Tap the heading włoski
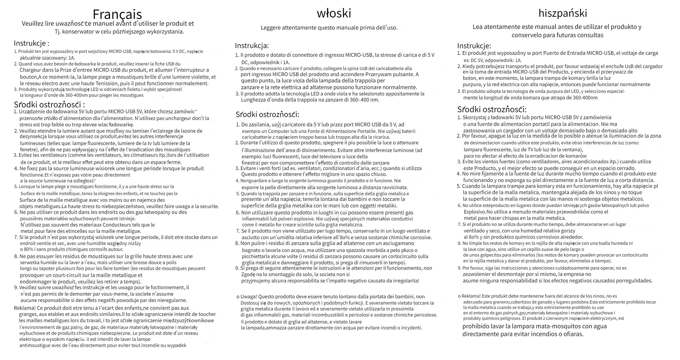[334, 13]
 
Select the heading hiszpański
[563, 13]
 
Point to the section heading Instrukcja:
[252, 46]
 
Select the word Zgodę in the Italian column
[248, 274]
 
